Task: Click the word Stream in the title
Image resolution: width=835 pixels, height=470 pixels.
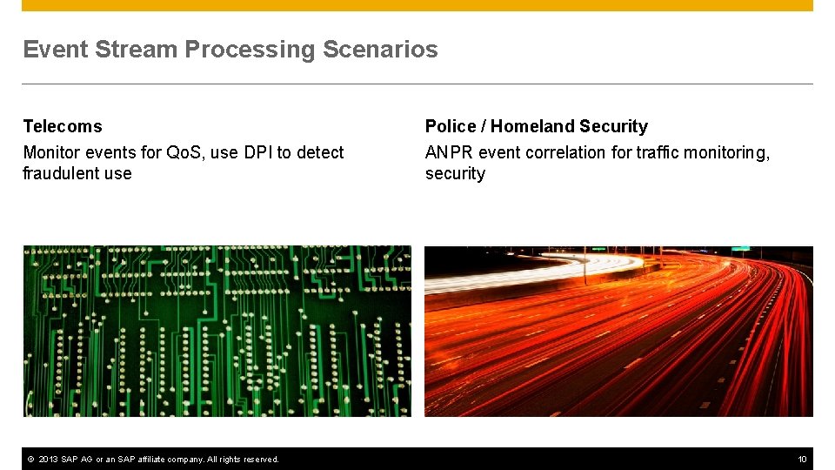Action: (x=137, y=49)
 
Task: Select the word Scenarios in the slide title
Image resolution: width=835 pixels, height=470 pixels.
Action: (x=380, y=49)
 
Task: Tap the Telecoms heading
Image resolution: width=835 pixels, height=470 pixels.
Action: (x=63, y=126)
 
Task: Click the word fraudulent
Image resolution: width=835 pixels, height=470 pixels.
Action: (x=60, y=173)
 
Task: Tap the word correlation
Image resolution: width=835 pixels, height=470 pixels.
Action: (x=565, y=152)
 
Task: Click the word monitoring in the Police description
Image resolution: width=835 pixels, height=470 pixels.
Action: (x=726, y=153)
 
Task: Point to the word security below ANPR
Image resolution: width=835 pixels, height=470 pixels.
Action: (x=455, y=174)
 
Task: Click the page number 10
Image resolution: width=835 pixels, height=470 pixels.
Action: (x=802, y=460)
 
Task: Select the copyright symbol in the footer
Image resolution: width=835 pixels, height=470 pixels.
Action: (x=31, y=460)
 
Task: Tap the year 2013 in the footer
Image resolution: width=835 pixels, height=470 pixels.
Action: (x=48, y=460)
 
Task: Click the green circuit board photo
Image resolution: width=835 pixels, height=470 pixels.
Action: (x=217, y=331)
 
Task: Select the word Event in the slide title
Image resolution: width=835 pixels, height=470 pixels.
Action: (x=56, y=49)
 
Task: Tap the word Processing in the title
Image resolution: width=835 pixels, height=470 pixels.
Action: (x=250, y=50)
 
